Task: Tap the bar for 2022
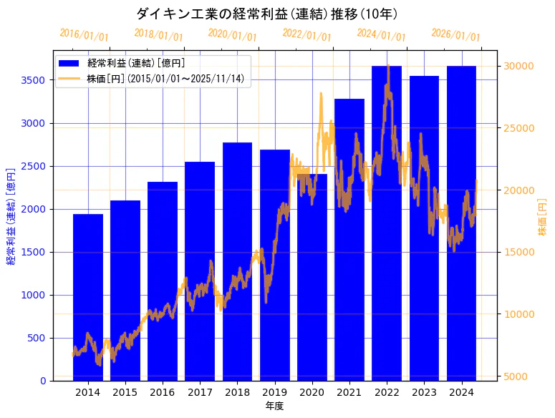pyautogui.click(x=387, y=223)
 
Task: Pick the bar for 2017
pyautogui.click(x=200, y=271)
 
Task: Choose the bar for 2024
pyautogui.click(x=461, y=223)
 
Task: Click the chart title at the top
pyautogui.click(x=266, y=14)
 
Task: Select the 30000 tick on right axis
pyautogui.click(x=519, y=66)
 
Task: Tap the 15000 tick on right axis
pyautogui.click(x=519, y=252)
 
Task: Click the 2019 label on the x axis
pyautogui.click(x=274, y=392)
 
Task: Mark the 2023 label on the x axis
pyautogui.click(x=424, y=392)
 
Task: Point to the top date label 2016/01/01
pyautogui.click(x=85, y=35)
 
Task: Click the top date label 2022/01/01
pyautogui.click(x=307, y=34)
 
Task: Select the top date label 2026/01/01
pyautogui.click(x=456, y=35)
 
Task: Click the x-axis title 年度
pyautogui.click(x=274, y=406)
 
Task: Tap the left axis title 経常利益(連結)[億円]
pyautogui.click(x=11, y=215)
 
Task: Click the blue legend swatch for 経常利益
pyautogui.click(x=69, y=63)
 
